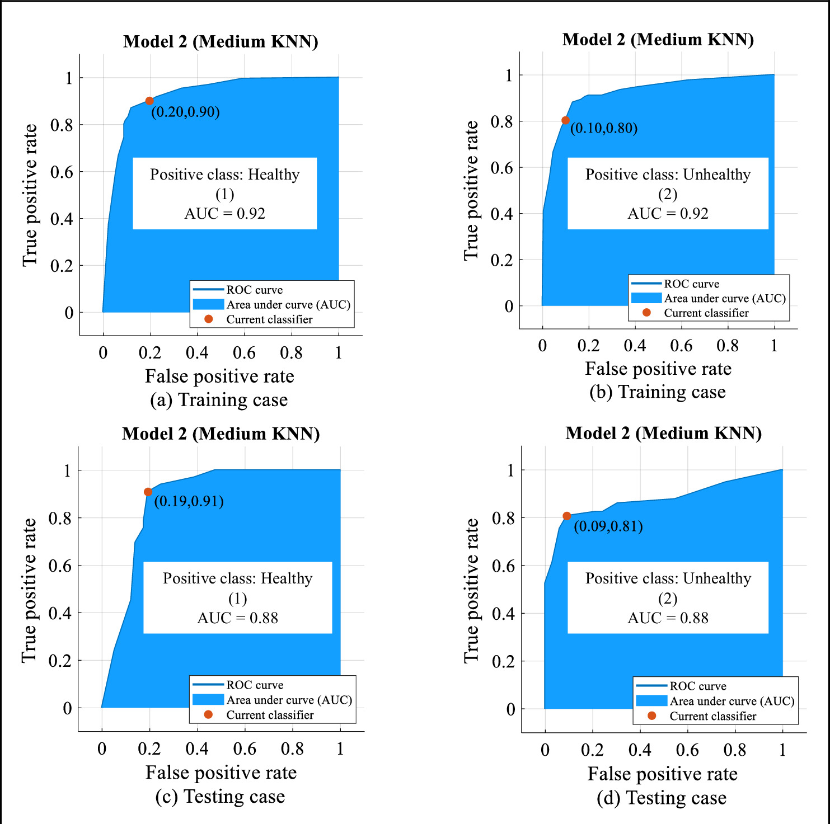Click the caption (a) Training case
[x=219, y=400]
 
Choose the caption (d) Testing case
[x=662, y=798]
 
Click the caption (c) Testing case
[x=220, y=796]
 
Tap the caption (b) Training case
[x=658, y=392]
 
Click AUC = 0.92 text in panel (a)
[x=224, y=214]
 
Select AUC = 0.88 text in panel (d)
[x=668, y=618]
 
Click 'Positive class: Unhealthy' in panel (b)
[x=668, y=175]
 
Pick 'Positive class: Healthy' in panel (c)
[x=237, y=578]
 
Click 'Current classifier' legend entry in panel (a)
[x=269, y=319]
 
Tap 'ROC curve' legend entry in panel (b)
[x=691, y=284]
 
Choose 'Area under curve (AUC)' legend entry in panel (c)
[x=289, y=700]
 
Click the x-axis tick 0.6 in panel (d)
[x=687, y=750]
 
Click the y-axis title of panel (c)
[x=29, y=590]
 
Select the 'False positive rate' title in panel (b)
[x=658, y=369]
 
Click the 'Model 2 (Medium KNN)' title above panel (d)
[x=663, y=433]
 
